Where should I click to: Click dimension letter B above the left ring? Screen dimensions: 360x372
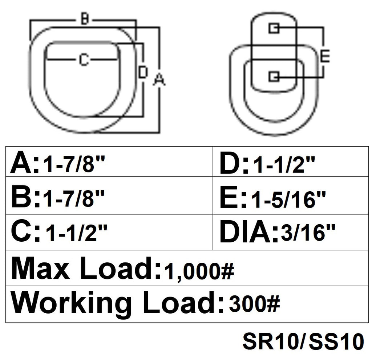pos(84,19)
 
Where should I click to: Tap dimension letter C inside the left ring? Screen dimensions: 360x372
pos(84,60)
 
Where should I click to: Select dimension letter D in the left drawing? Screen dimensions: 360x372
pos(143,72)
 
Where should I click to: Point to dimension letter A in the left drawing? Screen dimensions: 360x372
pos(159,79)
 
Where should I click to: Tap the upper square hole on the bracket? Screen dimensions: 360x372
pos(274,28)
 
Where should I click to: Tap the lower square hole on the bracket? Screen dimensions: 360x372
pos(274,76)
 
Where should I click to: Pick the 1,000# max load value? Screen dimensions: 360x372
pos(199,270)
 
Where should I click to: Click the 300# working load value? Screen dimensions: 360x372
pos(254,304)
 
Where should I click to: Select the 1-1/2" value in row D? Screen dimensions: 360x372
pos(283,165)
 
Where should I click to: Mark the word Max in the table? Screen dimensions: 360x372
pos(40,269)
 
